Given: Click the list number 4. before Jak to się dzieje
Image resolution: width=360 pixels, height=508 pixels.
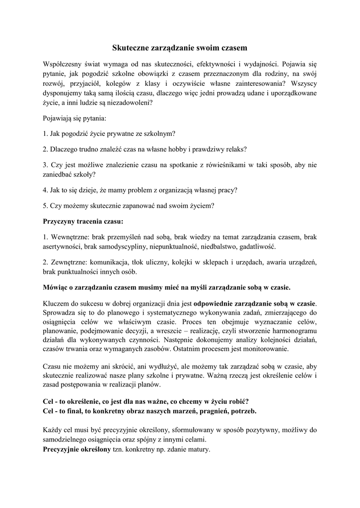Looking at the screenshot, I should (46, 190).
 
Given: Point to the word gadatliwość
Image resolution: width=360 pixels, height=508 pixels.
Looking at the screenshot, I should (258, 247).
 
